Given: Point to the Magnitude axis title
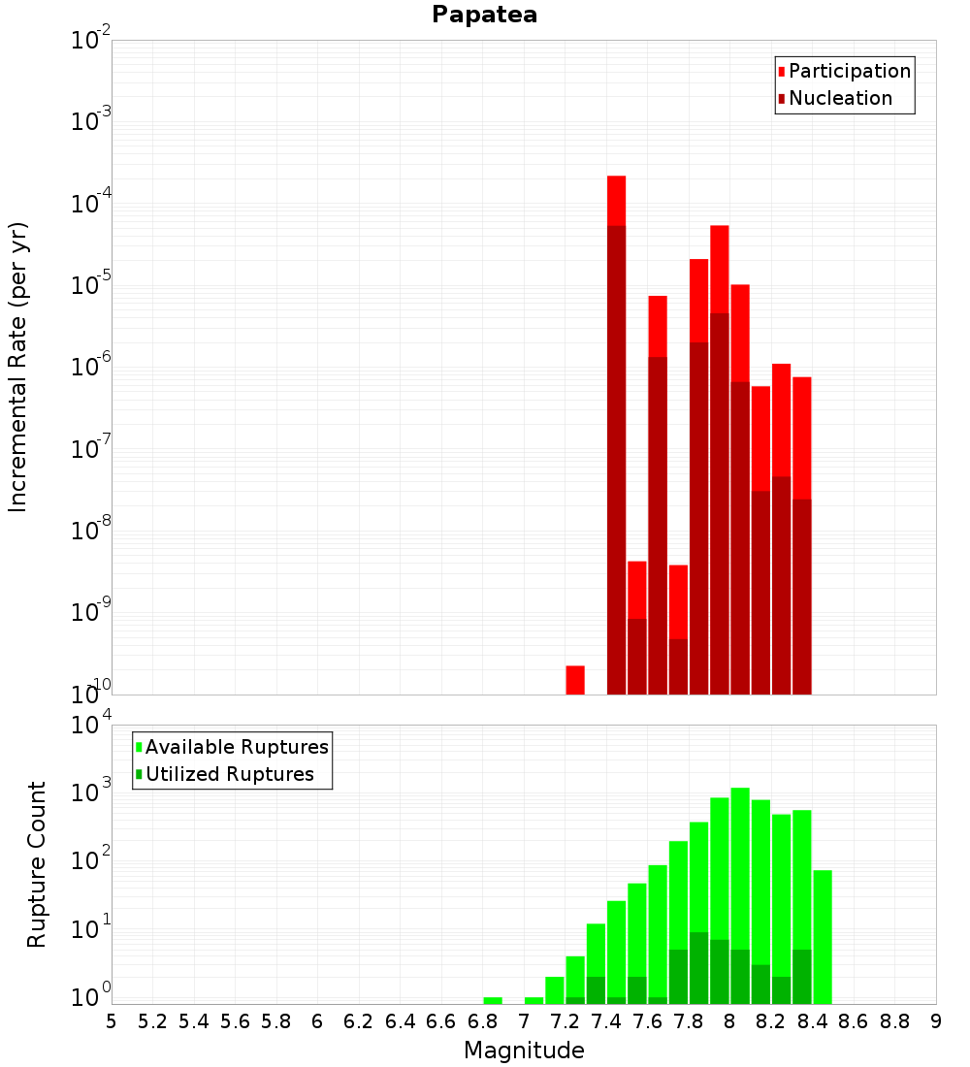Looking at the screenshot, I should [x=524, y=1051].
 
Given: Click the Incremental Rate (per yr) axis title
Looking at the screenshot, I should [x=18, y=367].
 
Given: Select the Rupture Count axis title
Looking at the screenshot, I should [x=37, y=863].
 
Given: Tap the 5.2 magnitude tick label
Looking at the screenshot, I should [x=152, y=1021].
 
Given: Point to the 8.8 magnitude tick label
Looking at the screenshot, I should [x=894, y=1021].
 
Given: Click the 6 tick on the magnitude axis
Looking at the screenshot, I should [x=317, y=1021].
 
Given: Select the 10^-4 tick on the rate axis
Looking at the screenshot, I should [x=89, y=204].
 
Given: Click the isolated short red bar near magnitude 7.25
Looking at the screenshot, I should [x=575, y=680].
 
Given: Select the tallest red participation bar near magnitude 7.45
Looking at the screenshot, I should [x=616, y=200].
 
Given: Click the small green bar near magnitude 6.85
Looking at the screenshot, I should [x=493, y=1000].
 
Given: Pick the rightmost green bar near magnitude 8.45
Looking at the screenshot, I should [x=823, y=936].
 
